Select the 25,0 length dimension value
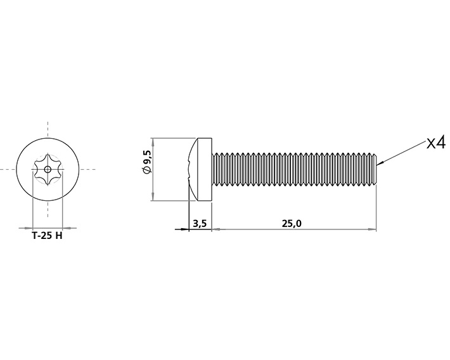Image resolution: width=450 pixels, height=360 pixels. tap(292, 222)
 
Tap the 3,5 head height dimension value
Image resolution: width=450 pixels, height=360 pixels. tap(200, 222)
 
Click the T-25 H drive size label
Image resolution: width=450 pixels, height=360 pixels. tap(47, 236)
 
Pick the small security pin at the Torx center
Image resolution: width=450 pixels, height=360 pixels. tap(48, 169)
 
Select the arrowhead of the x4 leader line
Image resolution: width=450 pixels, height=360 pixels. tap(380, 164)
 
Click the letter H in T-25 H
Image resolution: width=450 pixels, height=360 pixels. tap(59, 236)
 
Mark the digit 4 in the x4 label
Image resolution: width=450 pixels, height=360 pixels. tap(439, 142)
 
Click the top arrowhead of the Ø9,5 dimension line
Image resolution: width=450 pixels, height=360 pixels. tap(153, 141)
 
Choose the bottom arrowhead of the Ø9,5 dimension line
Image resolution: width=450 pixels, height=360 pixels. tap(153, 197)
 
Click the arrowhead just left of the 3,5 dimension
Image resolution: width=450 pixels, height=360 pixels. tap(185, 229)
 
